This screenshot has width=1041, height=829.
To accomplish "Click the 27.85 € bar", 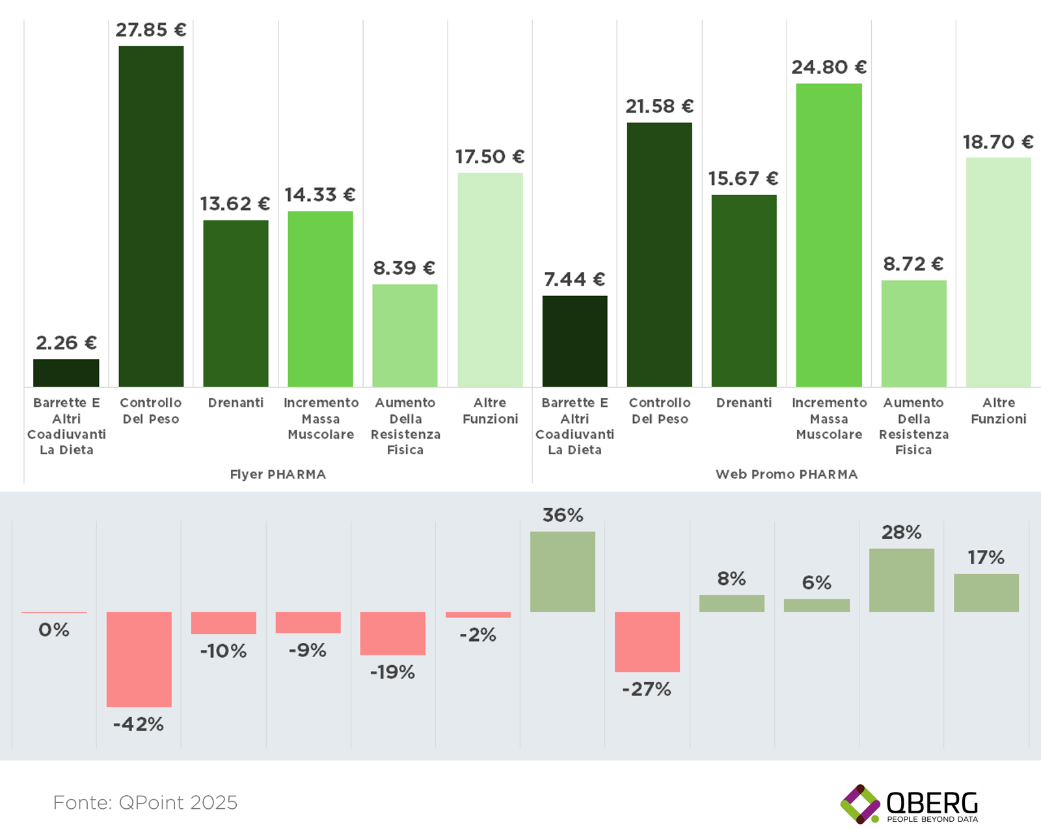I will tap(151, 216).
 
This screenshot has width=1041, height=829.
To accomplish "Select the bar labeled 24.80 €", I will tap(829, 235).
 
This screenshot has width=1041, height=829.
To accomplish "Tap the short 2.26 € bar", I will tap(66, 373).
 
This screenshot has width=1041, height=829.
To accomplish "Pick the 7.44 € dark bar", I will tap(575, 341).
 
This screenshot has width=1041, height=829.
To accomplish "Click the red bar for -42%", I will tap(139, 659).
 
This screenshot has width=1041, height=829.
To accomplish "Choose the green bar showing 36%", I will tap(563, 571).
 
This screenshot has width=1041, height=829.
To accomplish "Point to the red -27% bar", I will tap(647, 642).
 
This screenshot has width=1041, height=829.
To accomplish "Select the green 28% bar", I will tap(902, 580).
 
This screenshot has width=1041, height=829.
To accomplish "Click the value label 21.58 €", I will tap(660, 106).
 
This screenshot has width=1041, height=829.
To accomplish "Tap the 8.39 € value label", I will tap(404, 268).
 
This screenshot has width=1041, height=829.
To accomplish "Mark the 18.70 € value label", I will tap(998, 142).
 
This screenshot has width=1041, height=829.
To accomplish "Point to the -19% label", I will tap(392, 672).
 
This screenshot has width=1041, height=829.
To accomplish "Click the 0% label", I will tap(54, 630).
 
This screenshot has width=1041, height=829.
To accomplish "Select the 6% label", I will tap(817, 582).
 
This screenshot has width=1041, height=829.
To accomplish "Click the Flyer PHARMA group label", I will tap(278, 474).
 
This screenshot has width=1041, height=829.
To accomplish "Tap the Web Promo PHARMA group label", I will tap(787, 474).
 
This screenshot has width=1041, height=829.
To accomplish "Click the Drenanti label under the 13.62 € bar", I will tap(236, 403).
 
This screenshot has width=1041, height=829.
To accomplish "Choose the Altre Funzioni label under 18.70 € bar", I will tap(999, 411).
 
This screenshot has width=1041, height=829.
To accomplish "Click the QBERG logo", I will tap(910, 804).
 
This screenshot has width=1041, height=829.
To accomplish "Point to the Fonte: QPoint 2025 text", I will tap(145, 802).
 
